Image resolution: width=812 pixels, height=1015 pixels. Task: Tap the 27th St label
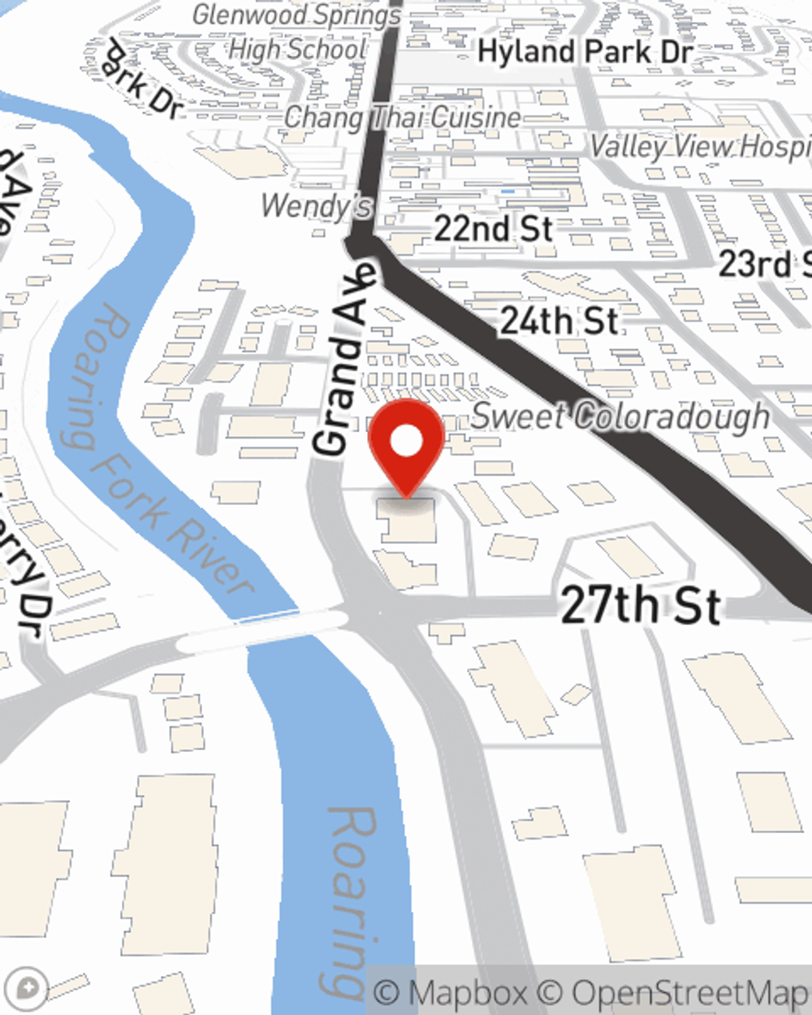click(x=640, y=606)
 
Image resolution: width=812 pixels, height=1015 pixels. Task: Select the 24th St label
click(x=559, y=321)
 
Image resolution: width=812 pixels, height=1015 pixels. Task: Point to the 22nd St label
click(x=493, y=228)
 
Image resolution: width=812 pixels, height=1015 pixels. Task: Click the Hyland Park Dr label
click(x=585, y=53)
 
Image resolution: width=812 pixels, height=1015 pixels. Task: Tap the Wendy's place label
click(x=316, y=206)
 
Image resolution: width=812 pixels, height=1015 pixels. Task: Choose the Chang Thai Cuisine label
click(x=403, y=118)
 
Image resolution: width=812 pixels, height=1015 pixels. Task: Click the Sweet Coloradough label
click(x=620, y=417)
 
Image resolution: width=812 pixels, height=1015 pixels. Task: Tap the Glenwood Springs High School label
click(x=297, y=32)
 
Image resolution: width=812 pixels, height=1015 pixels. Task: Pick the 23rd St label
click(x=763, y=265)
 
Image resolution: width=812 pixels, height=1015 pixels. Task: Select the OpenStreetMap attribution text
click(x=690, y=992)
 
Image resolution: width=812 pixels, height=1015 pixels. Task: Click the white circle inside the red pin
click(x=406, y=442)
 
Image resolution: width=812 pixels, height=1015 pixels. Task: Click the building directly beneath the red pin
click(x=408, y=520)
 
